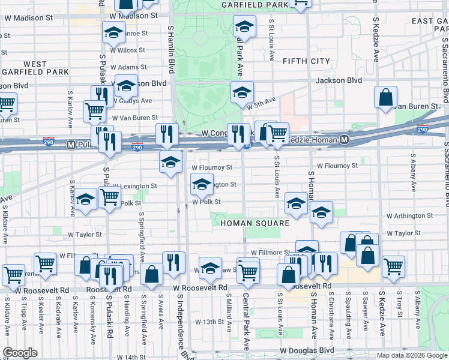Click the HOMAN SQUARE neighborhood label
(255, 223)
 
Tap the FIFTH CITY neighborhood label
(306, 61)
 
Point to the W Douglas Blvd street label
(307, 350)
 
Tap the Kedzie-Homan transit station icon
(344, 140)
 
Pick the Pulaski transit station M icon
(71, 145)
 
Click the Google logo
(20, 352)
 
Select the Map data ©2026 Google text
(411, 355)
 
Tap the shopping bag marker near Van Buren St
(385, 97)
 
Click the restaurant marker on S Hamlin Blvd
(166, 134)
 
